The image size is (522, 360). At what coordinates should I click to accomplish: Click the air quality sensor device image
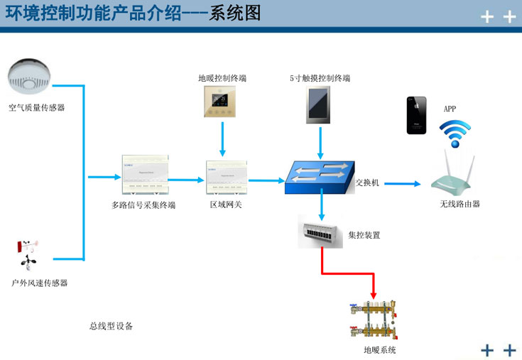(x=29, y=77)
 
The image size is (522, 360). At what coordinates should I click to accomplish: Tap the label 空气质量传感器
(x=36, y=107)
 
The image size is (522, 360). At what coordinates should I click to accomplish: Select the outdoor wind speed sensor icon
(x=27, y=256)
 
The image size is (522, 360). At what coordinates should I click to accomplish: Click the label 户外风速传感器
(x=40, y=283)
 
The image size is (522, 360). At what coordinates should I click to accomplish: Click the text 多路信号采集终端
(x=143, y=205)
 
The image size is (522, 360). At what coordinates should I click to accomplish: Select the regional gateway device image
(x=226, y=177)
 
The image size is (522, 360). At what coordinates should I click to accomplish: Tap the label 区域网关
(x=226, y=205)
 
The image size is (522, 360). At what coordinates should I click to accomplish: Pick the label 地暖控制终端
(x=222, y=77)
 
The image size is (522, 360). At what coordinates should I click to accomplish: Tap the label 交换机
(x=367, y=182)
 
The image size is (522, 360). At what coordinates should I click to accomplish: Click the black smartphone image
(x=417, y=115)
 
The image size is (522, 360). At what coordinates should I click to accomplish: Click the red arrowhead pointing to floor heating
(x=374, y=293)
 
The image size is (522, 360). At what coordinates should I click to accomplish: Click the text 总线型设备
(x=111, y=326)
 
